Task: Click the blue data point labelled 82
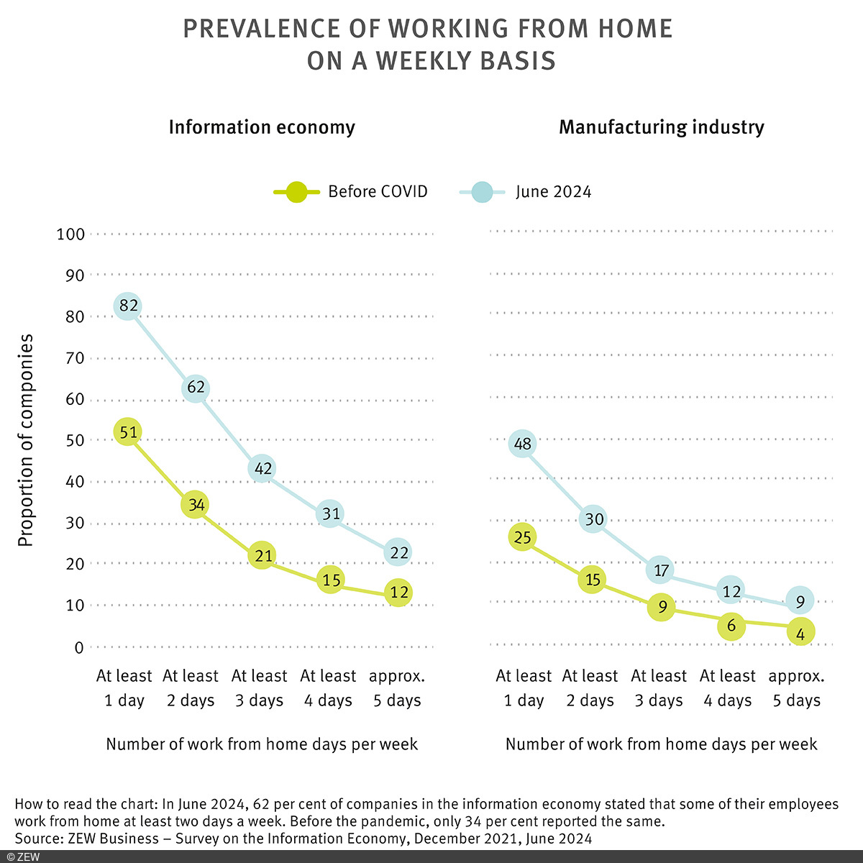click(x=128, y=306)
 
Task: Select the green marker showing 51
click(x=128, y=432)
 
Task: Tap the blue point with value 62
click(x=196, y=388)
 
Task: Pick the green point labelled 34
click(x=195, y=505)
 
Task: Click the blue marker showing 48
click(x=523, y=444)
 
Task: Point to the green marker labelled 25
click(x=523, y=536)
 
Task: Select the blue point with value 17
click(x=662, y=570)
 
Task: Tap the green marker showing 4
click(x=800, y=632)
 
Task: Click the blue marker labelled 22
click(x=398, y=552)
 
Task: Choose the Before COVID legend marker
click(x=296, y=192)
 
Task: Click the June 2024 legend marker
click(x=482, y=192)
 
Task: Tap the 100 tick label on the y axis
click(x=70, y=234)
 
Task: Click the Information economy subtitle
click(x=262, y=127)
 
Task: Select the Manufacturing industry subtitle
click(x=661, y=127)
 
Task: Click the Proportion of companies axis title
click(x=26, y=440)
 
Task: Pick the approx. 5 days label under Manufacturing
click(x=796, y=688)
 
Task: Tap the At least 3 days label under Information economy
click(x=259, y=688)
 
